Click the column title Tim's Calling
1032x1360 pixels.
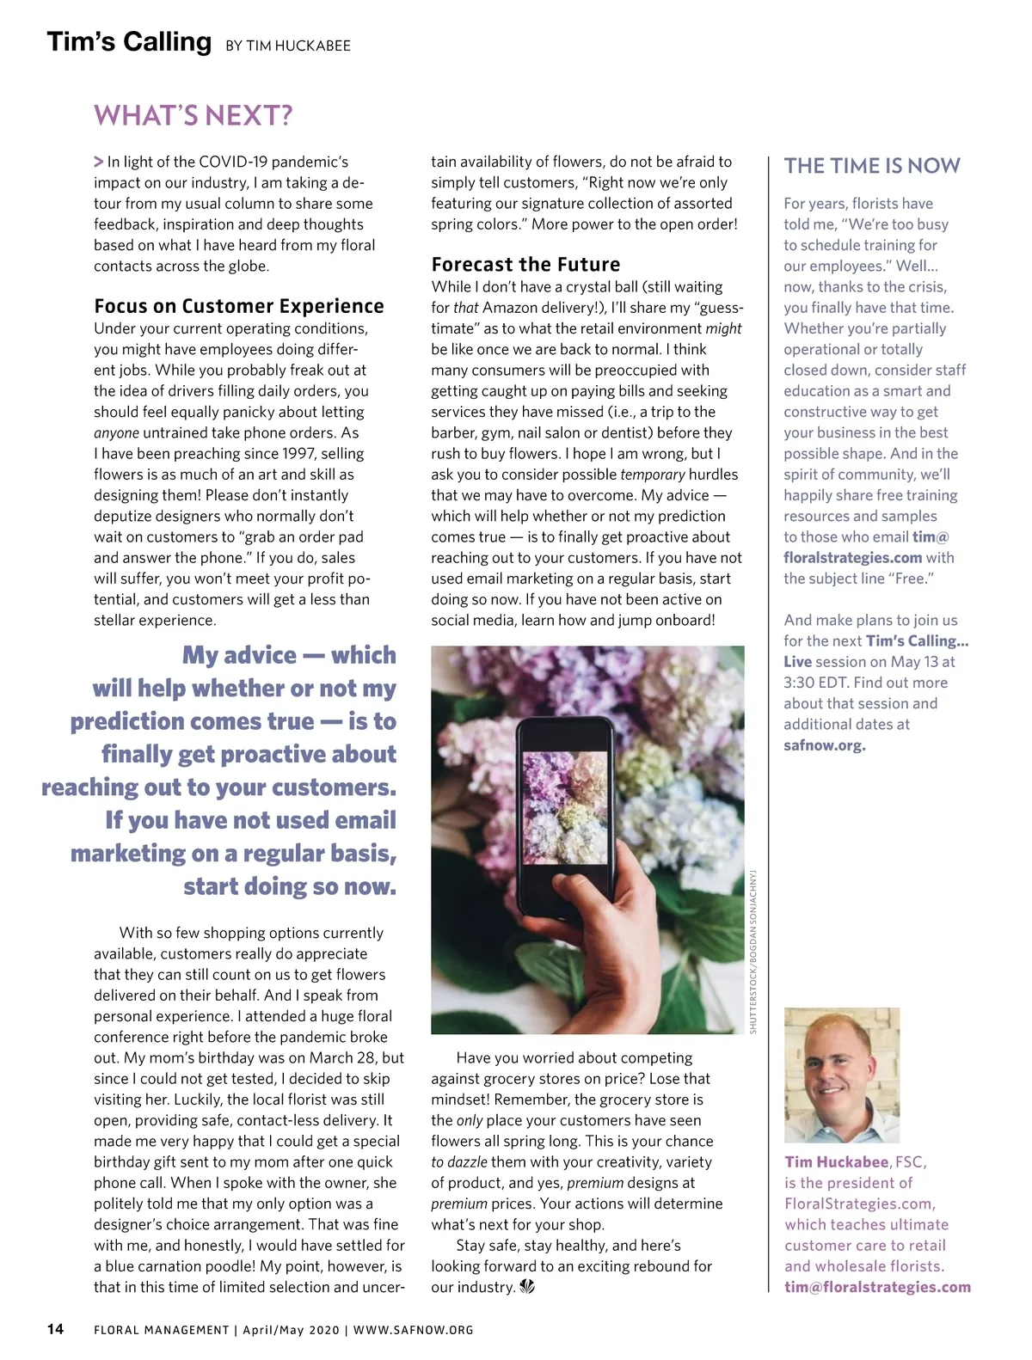pyautogui.click(x=129, y=42)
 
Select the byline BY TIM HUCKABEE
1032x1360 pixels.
pyautogui.click(x=288, y=46)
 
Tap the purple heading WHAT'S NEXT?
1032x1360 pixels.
pyautogui.click(x=193, y=115)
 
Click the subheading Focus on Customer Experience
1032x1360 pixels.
pyautogui.click(x=239, y=306)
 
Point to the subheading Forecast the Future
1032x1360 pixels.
pyautogui.click(x=525, y=265)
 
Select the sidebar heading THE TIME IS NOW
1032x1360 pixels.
pyautogui.click(x=872, y=166)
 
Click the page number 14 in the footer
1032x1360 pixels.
pyautogui.click(x=55, y=1329)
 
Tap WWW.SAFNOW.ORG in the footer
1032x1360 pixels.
pyautogui.click(x=414, y=1330)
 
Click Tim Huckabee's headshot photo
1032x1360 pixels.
pyautogui.click(x=842, y=1075)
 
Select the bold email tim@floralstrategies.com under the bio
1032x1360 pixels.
pyautogui.click(x=877, y=1287)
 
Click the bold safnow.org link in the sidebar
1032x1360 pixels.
pyautogui.click(x=824, y=745)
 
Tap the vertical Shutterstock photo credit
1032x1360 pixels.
pyautogui.click(x=753, y=951)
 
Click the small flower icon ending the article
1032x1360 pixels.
pyautogui.click(x=527, y=1287)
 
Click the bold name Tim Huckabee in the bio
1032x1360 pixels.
pyautogui.click(x=836, y=1162)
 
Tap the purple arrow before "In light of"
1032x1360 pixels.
pyautogui.click(x=99, y=162)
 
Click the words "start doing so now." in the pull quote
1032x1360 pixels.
pyautogui.click(x=290, y=886)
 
